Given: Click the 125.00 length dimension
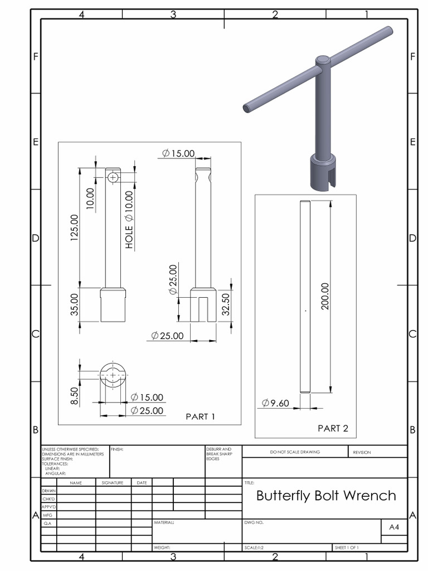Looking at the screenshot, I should (x=74, y=225).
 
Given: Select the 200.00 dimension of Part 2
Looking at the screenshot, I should (x=325, y=296).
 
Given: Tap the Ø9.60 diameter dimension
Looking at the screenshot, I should (x=275, y=403).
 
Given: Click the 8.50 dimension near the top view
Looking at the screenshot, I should (x=74, y=396).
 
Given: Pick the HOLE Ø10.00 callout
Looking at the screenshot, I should (x=129, y=220).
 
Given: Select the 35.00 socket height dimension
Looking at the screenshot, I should (x=74, y=304).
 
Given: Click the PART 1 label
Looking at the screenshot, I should (x=200, y=417).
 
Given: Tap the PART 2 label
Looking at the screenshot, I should (x=333, y=428).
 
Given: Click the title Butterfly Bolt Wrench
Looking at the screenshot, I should (x=326, y=496).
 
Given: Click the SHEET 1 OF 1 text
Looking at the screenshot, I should (x=347, y=548).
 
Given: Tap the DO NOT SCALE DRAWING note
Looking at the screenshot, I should (x=295, y=452).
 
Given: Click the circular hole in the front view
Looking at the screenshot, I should (x=113, y=177).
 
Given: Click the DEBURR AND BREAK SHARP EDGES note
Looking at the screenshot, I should (x=217, y=453).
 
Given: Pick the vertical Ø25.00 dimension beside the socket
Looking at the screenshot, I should (x=173, y=279).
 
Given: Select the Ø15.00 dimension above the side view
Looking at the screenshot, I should (x=178, y=153).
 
